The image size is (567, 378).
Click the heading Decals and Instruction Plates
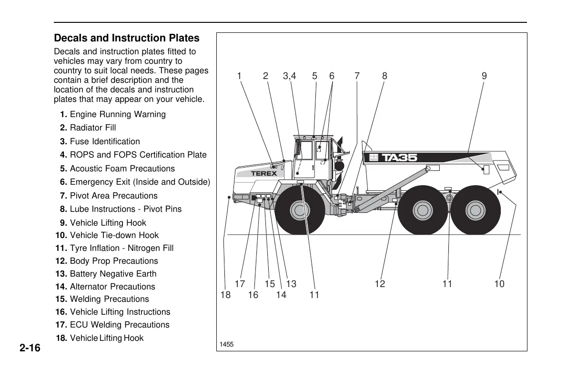(127, 38)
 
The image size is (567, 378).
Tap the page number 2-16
(30, 348)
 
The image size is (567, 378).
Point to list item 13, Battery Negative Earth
(106, 274)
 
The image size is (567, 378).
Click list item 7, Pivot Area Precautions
(109, 196)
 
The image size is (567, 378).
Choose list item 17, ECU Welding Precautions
(112, 325)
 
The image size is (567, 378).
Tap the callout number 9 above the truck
(484, 76)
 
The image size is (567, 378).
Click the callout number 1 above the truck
(239, 76)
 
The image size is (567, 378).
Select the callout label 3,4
(289, 76)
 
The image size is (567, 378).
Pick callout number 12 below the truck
(380, 284)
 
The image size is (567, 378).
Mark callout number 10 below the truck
(499, 284)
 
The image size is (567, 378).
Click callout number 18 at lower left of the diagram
(225, 295)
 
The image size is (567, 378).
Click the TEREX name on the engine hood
(264, 174)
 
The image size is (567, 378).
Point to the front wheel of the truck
(299, 209)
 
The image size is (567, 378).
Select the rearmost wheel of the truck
(475, 209)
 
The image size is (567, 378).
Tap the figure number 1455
(226, 344)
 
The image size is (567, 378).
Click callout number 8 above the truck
(385, 76)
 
